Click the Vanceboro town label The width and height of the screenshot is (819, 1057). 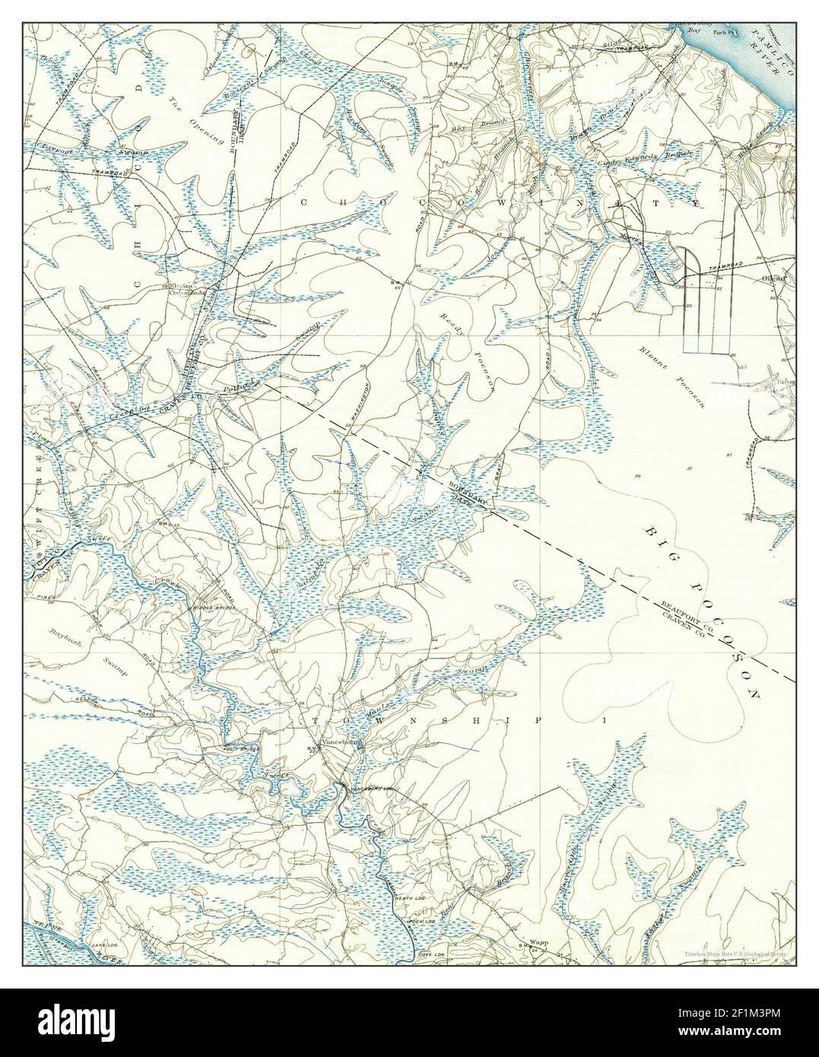(340, 741)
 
